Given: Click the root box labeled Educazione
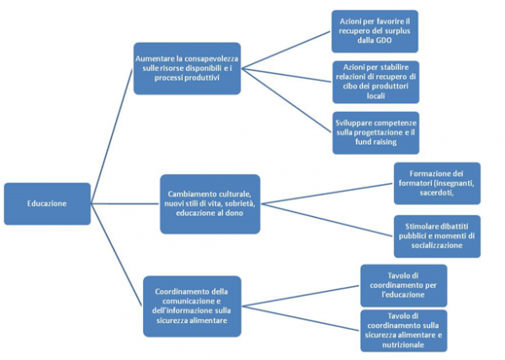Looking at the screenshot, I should point(46,204).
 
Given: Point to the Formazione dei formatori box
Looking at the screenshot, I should point(437,183).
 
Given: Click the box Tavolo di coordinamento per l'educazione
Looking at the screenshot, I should point(403,285).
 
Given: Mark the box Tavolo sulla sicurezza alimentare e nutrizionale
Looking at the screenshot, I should point(403,330).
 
